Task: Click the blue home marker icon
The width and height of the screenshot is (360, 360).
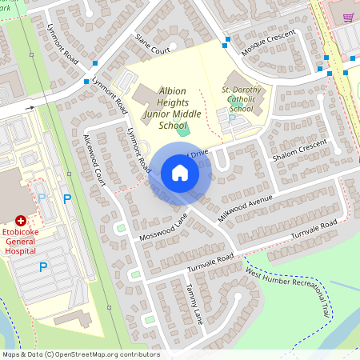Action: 180,173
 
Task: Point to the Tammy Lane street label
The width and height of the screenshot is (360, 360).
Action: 194,303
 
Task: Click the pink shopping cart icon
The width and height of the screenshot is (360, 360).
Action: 348,16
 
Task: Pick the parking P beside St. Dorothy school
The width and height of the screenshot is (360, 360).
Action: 233,118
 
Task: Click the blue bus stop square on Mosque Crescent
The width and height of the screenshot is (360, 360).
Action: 227,38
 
